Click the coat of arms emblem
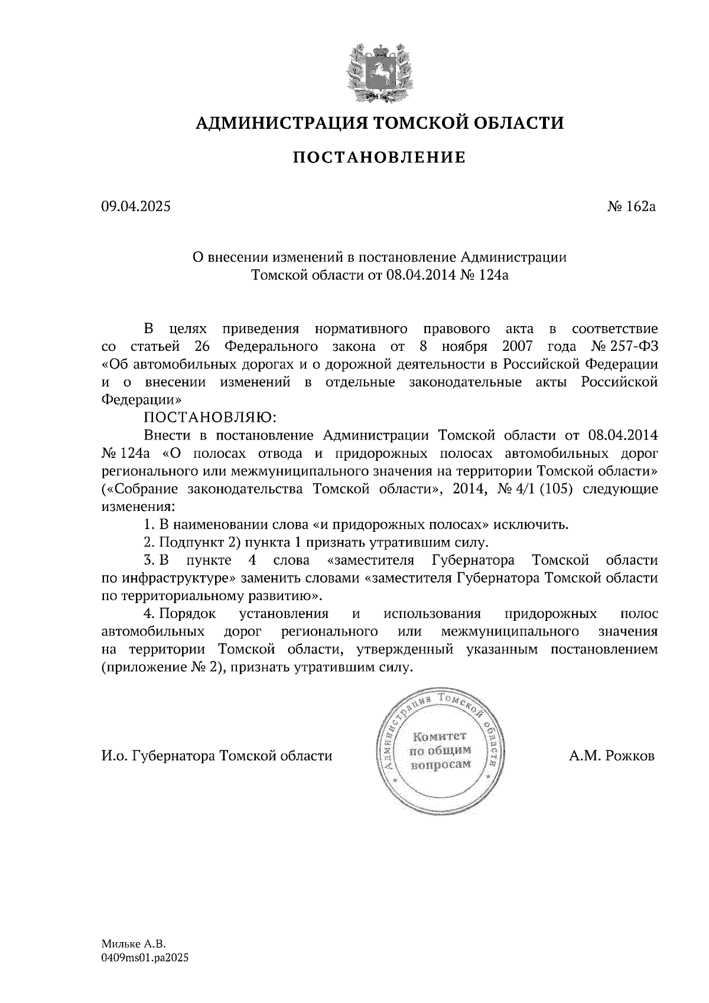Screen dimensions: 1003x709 pyautogui.click(x=379, y=70)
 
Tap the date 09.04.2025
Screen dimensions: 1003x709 pyautogui.click(x=135, y=207)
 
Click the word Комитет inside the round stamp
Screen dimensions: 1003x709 pyautogui.click(x=440, y=737)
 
